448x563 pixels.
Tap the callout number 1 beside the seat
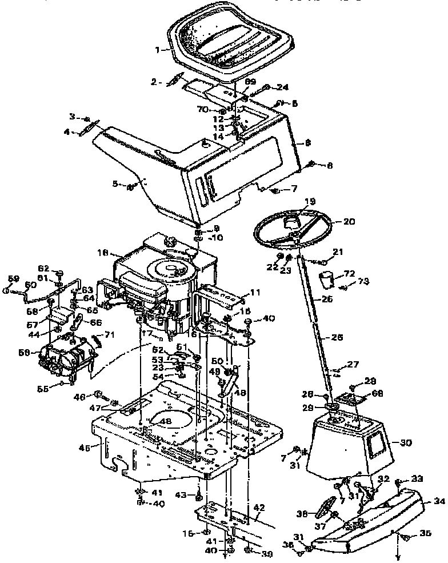click(x=158, y=50)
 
